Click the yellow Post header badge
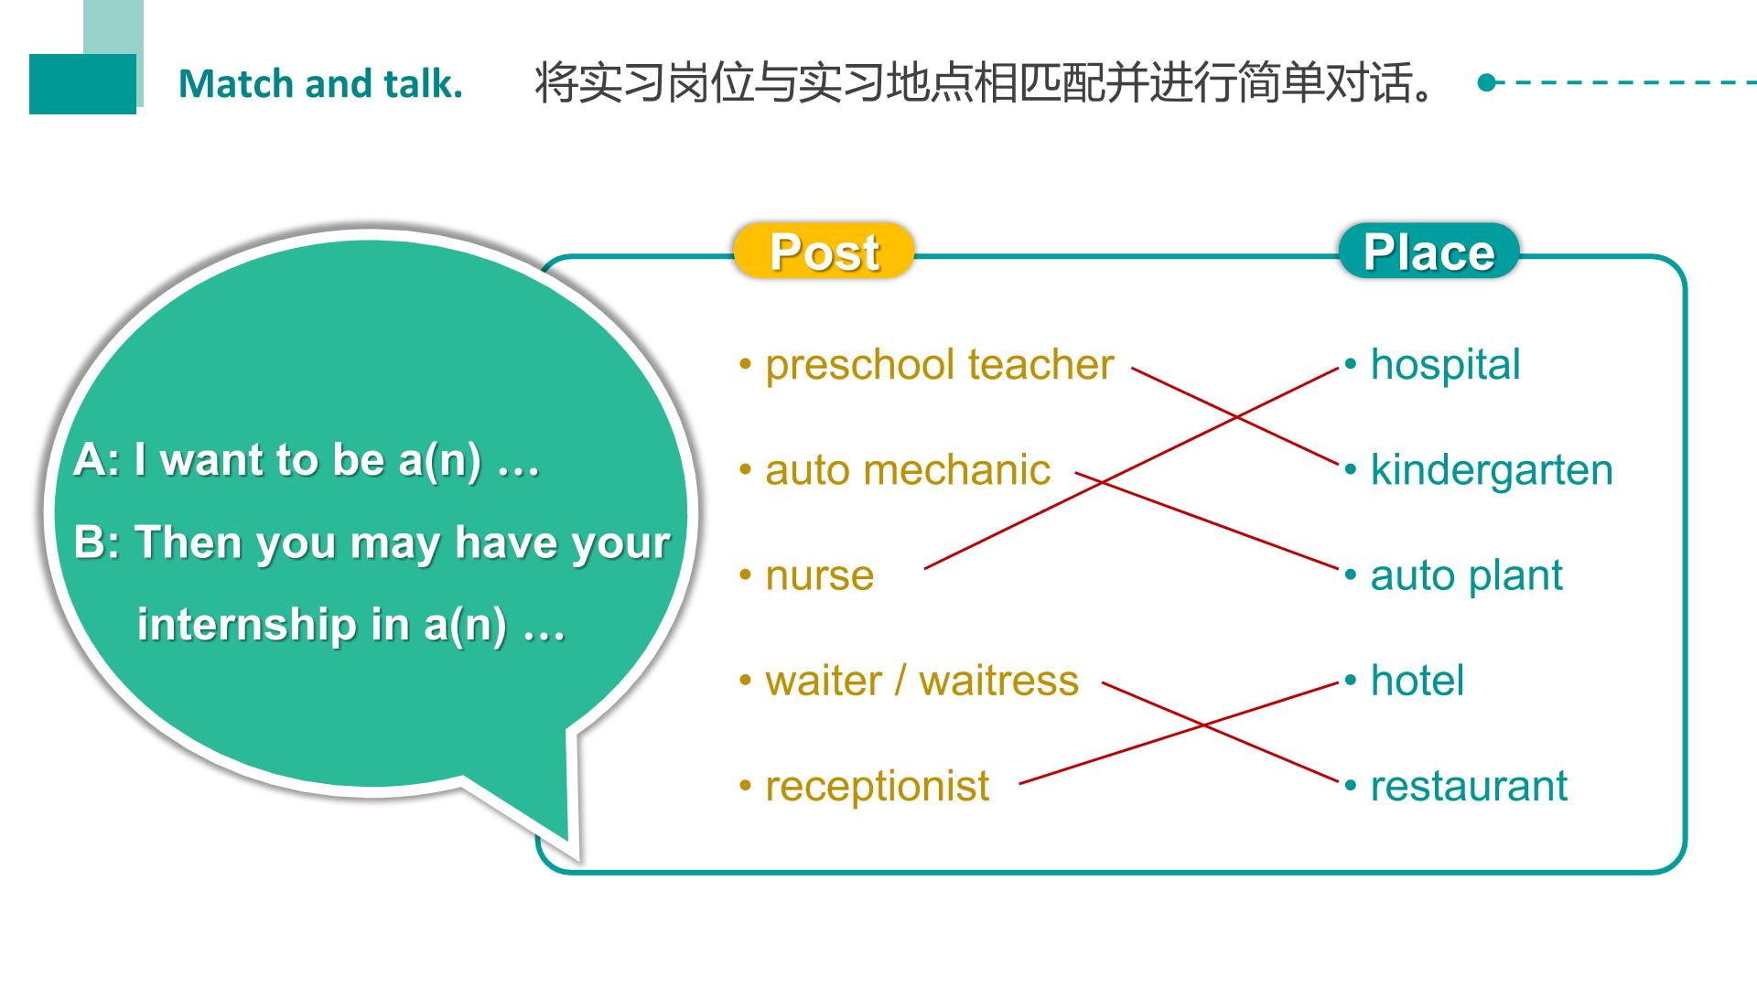click(x=824, y=251)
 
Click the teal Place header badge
click(x=1428, y=251)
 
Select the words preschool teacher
click(x=940, y=364)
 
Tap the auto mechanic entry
click(x=908, y=470)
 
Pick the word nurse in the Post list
click(x=820, y=576)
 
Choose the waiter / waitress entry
click(x=922, y=681)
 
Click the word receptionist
click(x=878, y=787)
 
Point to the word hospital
click(x=1446, y=364)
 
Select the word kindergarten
click(x=1492, y=470)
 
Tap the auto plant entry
click(x=1466, y=576)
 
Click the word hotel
click(x=1417, y=681)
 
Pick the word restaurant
click(x=1469, y=787)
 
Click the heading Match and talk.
click(x=320, y=83)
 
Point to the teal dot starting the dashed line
click(x=1486, y=82)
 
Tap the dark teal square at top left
click(x=82, y=84)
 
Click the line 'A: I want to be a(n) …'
click(x=307, y=460)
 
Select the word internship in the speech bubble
click(x=246, y=625)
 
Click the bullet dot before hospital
click(x=1351, y=365)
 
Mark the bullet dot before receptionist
click(x=746, y=787)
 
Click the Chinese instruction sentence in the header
click(x=986, y=83)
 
